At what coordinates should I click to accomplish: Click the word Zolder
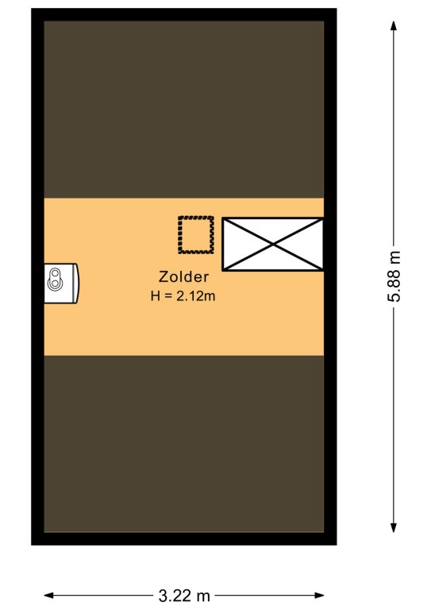tap(183, 277)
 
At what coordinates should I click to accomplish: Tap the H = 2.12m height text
tap(183, 296)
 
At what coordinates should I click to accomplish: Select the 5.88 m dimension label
tap(394, 276)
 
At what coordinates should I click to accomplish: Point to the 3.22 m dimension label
tap(184, 596)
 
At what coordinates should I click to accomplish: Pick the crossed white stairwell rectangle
tap(273, 245)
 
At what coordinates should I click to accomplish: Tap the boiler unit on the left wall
tap(61, 284)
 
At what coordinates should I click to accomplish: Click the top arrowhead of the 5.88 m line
tap(394, 25)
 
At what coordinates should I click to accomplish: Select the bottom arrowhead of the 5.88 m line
tap(394, 527)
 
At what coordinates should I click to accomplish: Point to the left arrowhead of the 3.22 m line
tap(48, 595)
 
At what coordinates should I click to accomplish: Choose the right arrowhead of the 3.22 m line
tap(319, 595)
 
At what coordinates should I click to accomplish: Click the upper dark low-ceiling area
tap(184, 110)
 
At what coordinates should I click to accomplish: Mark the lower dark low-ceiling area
tap(184, 443)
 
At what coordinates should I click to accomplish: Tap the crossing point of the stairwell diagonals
tap(273, 245)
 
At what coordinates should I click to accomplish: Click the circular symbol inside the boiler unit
tap(55, 280)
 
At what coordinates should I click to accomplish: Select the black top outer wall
tap(184, 14)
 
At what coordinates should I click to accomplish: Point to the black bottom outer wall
tap(184, 539)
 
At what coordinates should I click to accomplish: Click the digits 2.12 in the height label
tap(189, 296)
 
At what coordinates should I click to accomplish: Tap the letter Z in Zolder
tap(164, 277)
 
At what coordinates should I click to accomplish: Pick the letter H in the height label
tap(155, 296)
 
